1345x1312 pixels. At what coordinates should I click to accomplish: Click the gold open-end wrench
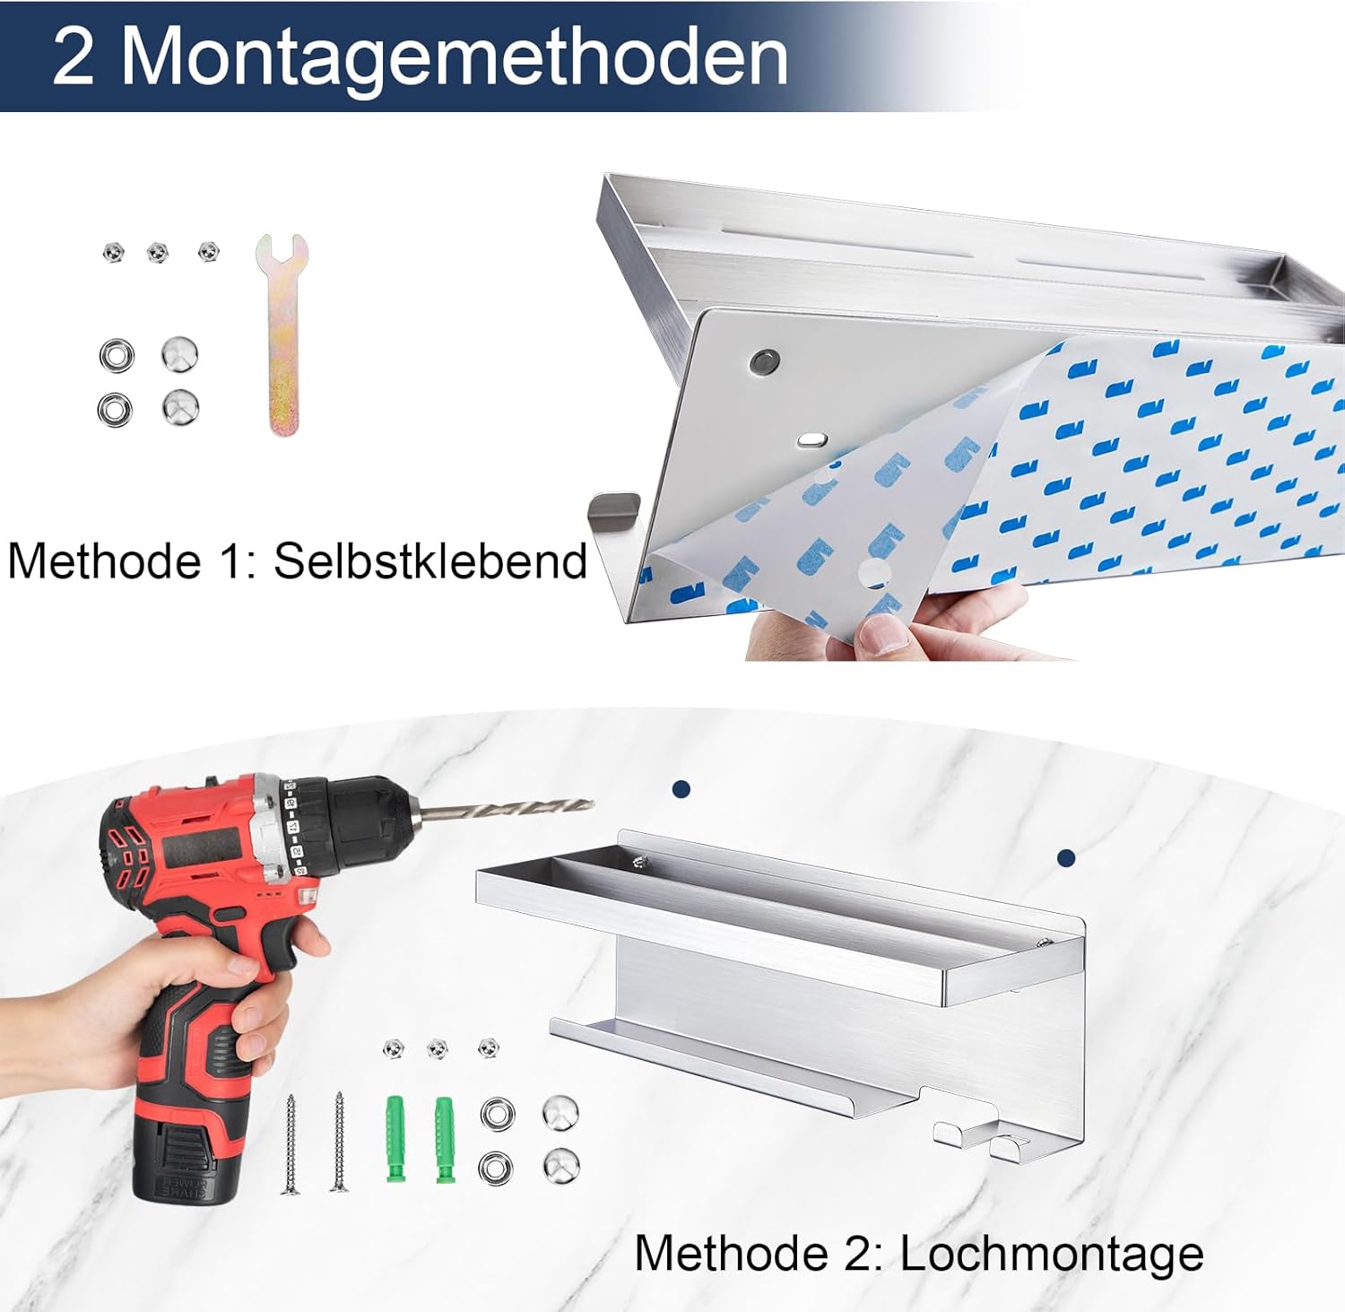pos(282,335)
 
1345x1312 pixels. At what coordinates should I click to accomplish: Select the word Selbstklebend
pos(430,561)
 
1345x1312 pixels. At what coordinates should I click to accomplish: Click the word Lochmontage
pos(1052,1254)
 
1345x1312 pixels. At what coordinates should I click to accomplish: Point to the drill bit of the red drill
pos(507,809)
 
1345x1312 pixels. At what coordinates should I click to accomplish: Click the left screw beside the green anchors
pos(291,1143)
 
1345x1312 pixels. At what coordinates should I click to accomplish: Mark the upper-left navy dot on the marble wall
pos(681,789)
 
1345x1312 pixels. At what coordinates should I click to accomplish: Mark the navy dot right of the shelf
pos(1066,858)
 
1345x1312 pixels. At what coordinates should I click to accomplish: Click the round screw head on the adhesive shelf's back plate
pos(765,361)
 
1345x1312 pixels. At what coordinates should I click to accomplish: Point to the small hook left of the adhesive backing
pos(614,507)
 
